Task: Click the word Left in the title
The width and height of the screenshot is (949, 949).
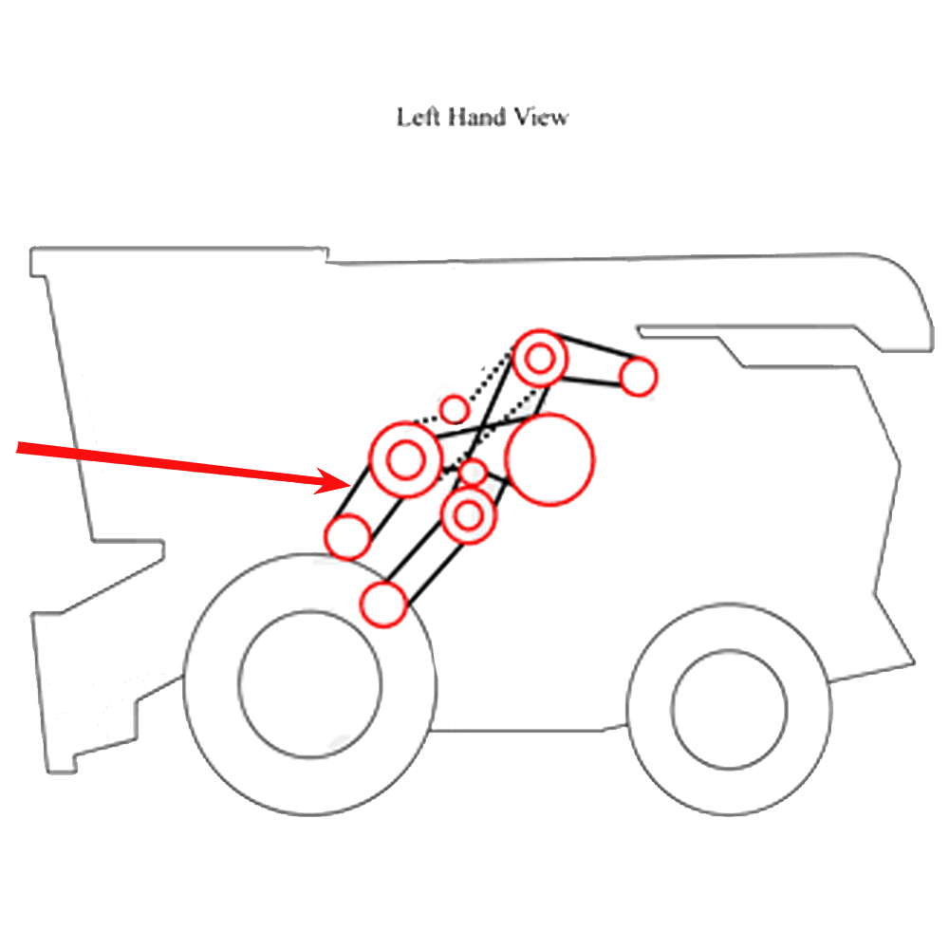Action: [x=414, y=118]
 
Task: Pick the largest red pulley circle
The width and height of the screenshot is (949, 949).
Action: [x=549, y=459]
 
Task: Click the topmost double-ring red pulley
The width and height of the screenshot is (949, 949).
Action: [x=541, y=359]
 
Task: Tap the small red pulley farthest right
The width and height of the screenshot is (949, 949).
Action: [x=639, y=377]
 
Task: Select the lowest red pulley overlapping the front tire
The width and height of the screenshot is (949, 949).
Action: [x=384, y=605]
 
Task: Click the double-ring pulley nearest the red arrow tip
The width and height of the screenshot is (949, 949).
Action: [x=405, y=460]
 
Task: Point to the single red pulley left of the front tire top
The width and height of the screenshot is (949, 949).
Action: [x=348, y=536]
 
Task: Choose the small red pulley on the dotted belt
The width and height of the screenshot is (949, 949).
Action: [x=456, y=409]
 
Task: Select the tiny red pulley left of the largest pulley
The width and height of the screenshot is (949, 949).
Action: [x=473, y=472]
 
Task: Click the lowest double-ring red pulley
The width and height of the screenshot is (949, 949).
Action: [x=470, y=515]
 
